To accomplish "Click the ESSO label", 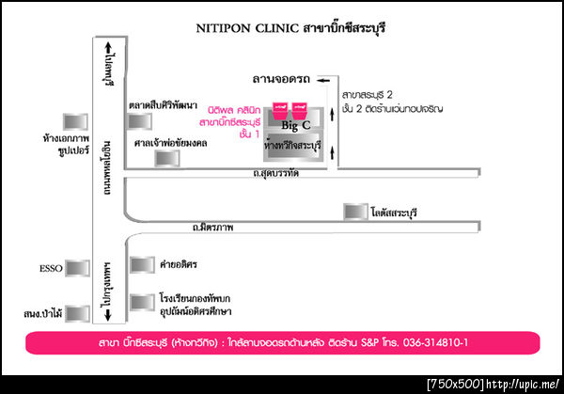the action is [52, 269].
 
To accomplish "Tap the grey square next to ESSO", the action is [79, 269].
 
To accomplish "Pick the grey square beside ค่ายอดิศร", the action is [142, 264].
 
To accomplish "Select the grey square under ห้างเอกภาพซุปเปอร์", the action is [73, 122].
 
